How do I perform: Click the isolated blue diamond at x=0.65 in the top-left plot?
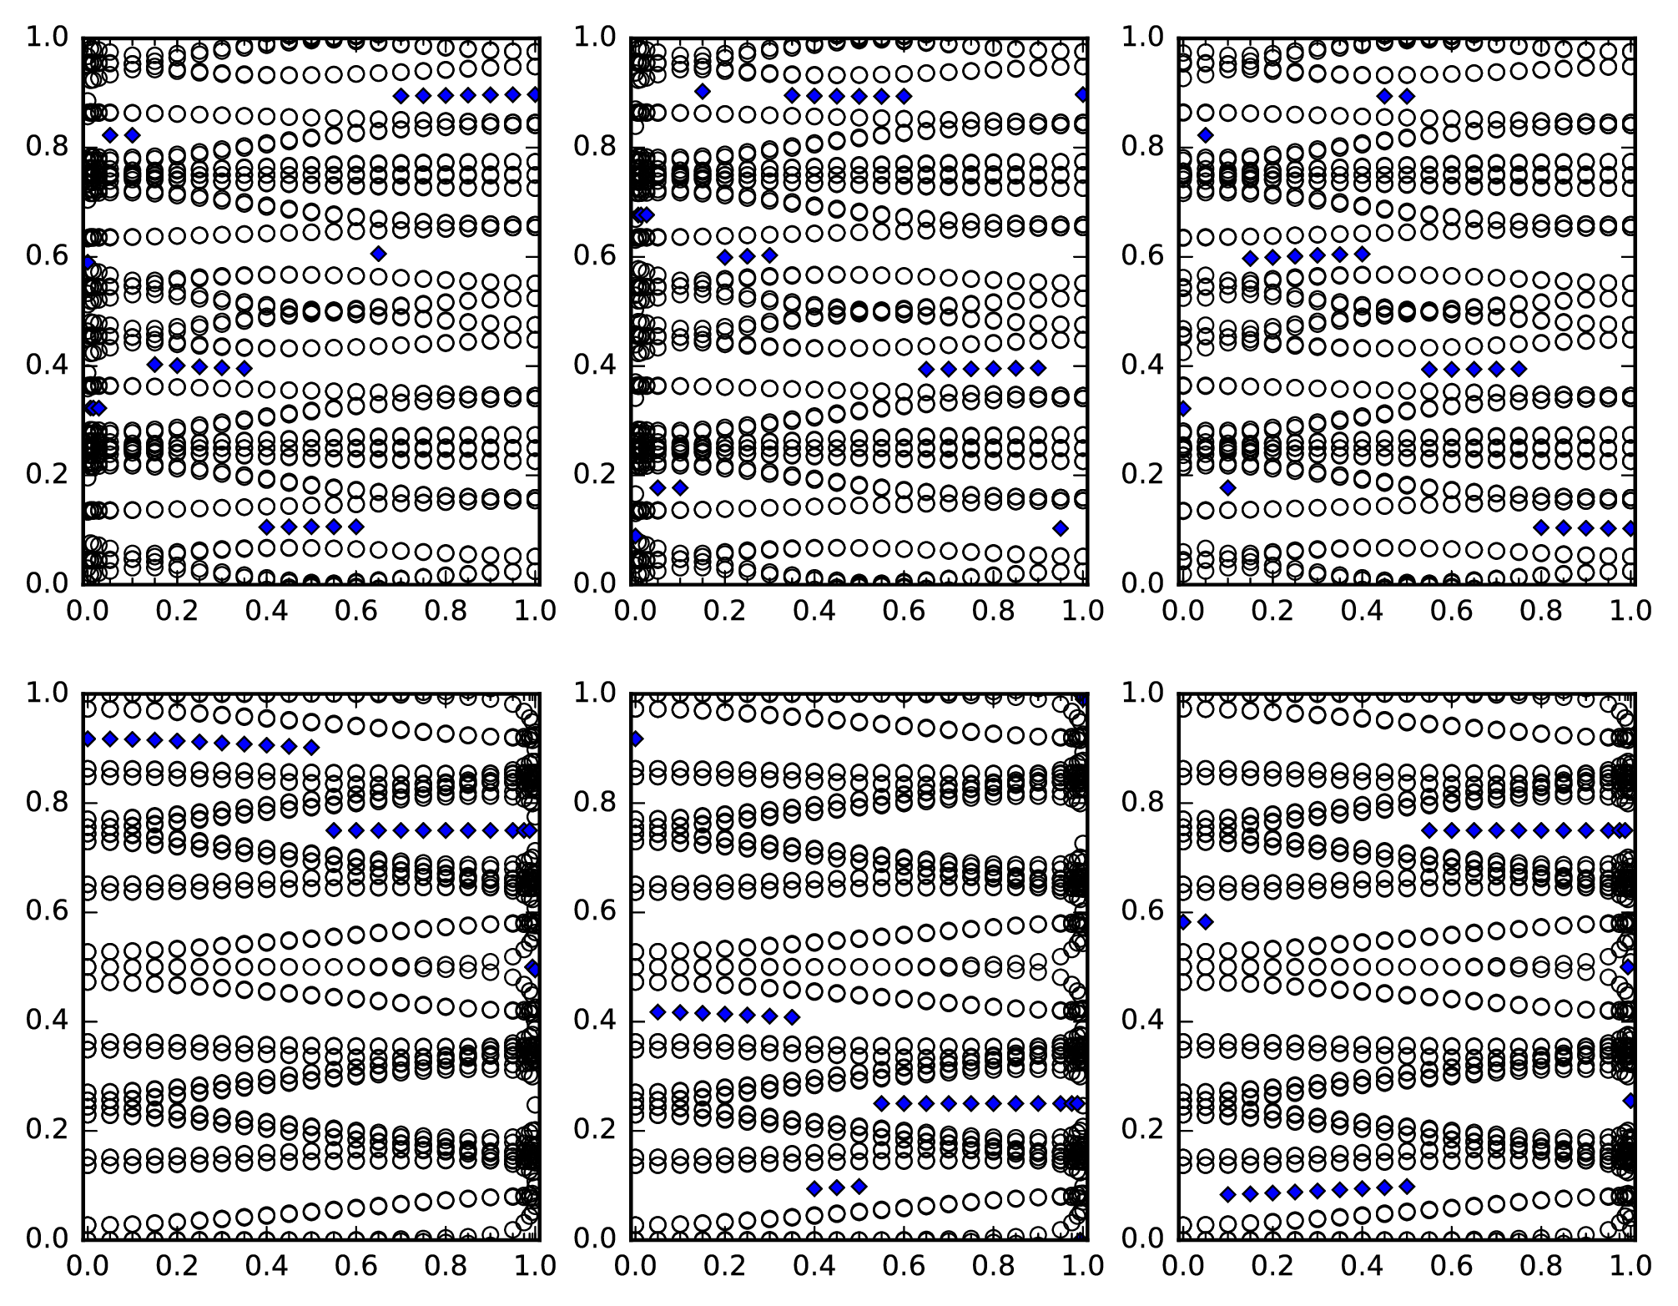pos(378,254)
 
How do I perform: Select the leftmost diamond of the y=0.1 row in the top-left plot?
pos(266,527)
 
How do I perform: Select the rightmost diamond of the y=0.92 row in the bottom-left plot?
pos(311,748)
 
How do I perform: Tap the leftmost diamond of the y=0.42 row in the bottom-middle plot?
pos(658,1012)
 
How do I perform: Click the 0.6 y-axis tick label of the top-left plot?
pos(46,255)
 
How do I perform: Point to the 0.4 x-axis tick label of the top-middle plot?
pos(814,611)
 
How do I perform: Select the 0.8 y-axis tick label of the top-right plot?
pos(1142,146)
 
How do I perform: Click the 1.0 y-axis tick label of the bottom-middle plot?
pos(594,693)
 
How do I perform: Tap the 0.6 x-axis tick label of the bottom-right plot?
pos(1452,1266)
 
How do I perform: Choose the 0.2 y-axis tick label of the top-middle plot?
pos(594,474)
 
